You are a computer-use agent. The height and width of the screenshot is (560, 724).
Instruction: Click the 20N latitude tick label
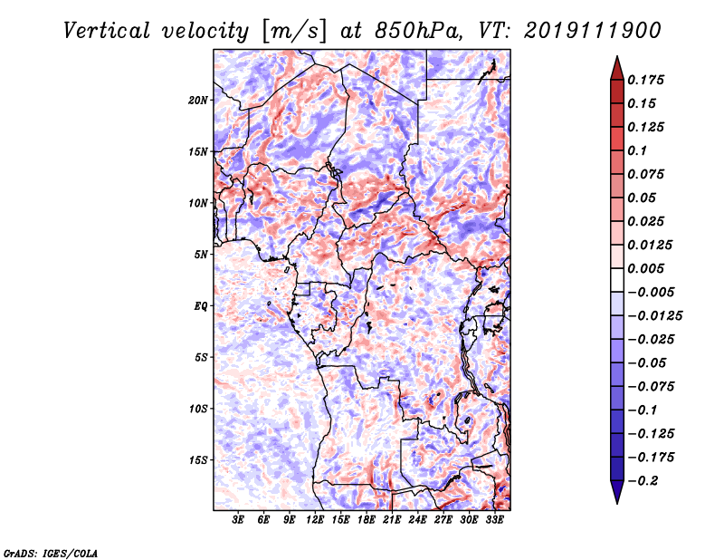tap(198, 100)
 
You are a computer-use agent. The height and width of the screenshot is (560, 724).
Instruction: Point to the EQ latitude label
tap(200, 306)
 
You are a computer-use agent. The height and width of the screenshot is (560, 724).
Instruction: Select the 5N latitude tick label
tap(201, 255)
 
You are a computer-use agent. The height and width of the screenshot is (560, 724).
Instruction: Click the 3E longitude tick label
tap(237, 519)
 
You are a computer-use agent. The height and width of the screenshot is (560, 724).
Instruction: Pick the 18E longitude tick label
tap(366, 519)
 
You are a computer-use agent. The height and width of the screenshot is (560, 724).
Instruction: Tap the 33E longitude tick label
tap(494, 519)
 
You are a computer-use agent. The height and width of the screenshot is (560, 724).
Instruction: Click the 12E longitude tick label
tap(314, 519)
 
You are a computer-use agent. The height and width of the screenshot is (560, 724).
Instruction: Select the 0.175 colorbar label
tap(645, 80)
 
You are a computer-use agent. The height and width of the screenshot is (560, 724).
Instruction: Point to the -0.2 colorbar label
tap(643, 481)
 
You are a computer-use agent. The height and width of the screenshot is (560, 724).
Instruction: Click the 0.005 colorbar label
tap(645, 268)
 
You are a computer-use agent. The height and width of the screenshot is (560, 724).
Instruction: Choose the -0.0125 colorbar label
tap(654, 316)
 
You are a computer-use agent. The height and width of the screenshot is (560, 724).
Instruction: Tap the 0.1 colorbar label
tap(637, 150)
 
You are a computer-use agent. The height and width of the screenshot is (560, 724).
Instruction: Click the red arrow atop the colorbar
tap(617, 68)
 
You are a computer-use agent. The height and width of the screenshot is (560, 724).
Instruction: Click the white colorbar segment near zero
tap(617, 280)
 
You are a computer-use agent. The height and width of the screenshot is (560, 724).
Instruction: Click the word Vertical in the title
tap(107, 31)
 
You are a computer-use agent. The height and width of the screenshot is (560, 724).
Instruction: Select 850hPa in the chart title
tap(418, 31)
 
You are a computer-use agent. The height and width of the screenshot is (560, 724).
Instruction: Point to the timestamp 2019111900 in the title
tap(593, 31)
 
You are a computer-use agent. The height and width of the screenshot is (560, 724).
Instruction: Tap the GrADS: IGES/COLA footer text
tap(51, 553)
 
